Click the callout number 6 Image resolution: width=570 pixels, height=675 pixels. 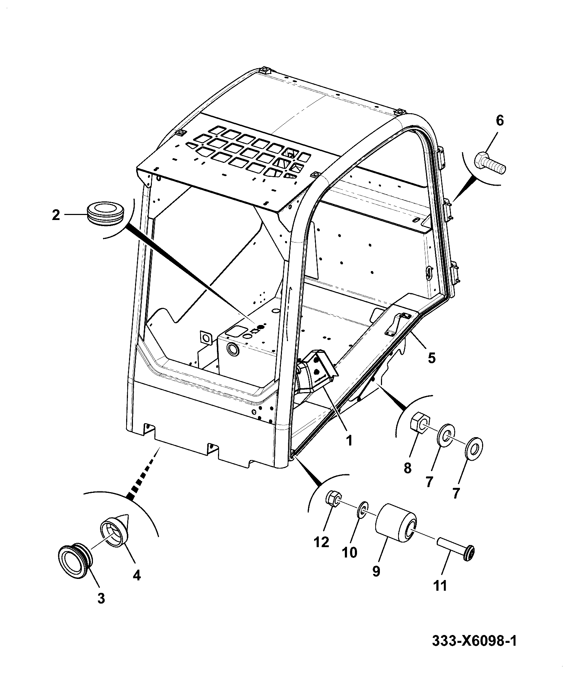(x=500, y=121)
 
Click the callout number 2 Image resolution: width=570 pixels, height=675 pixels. (x=56, y=215)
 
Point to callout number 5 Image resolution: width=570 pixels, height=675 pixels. (x=432, y=357)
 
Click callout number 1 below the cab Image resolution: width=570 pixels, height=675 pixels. (x=349, y=440)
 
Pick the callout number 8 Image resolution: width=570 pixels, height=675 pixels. (x=407, y=468)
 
